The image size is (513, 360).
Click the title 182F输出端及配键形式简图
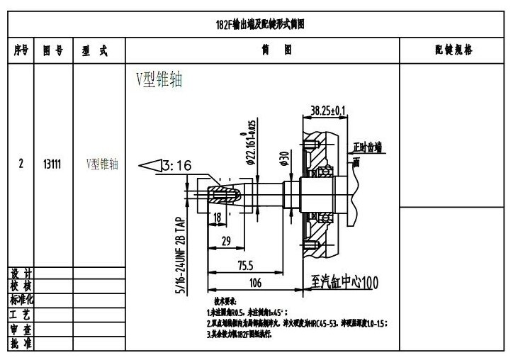260,24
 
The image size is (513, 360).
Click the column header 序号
21,51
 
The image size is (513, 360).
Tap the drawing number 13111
52,164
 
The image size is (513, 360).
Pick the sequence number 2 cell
21,164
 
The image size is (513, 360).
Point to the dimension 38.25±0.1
328,110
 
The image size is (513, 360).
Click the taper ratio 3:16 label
176,166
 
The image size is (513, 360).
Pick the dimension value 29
227,241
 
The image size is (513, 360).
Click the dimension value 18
217,217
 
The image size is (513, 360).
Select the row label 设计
21,274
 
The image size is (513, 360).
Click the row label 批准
21,344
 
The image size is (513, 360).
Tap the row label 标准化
21,300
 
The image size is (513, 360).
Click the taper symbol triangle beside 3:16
150,166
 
